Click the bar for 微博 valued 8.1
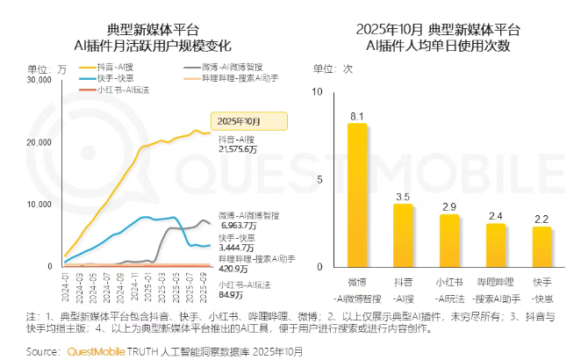[357, 195]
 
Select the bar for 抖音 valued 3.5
[403, 235]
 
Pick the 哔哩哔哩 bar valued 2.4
[496, 245]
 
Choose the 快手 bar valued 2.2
[541, 247]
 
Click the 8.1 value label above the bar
[357, 116]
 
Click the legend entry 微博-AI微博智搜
[223, 67]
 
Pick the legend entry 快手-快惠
[106, 79]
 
